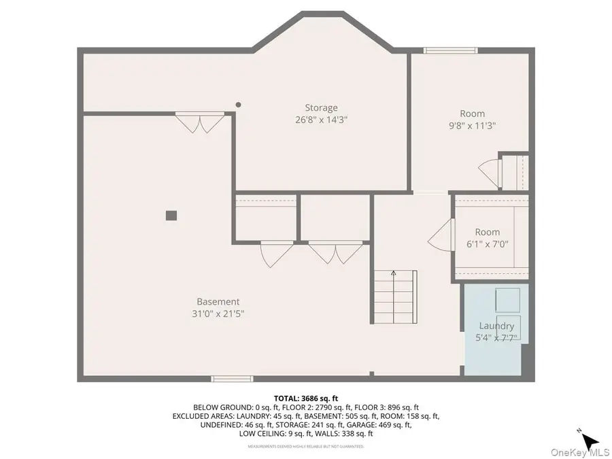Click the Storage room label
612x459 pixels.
[x=321, y=107]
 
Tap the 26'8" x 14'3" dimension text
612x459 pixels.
[x=321, y=119]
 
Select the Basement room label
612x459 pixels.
[x=218, y=301]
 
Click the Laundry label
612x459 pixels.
[x=496, y=326]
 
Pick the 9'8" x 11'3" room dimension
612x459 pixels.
[x=472, y=125]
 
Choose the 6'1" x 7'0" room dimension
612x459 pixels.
[x=487, y=243]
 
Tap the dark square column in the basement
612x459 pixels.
[x=171, y=215]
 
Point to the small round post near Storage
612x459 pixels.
[x=238, y=105]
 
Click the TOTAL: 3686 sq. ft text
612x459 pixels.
[x=306, y=398]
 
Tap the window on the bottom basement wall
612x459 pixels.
[x=232, y=378]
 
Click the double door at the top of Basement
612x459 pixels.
[x=199, y=122]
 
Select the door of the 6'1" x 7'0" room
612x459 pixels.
[x=441, y=235]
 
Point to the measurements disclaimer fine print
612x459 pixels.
[x=305, y=446]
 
